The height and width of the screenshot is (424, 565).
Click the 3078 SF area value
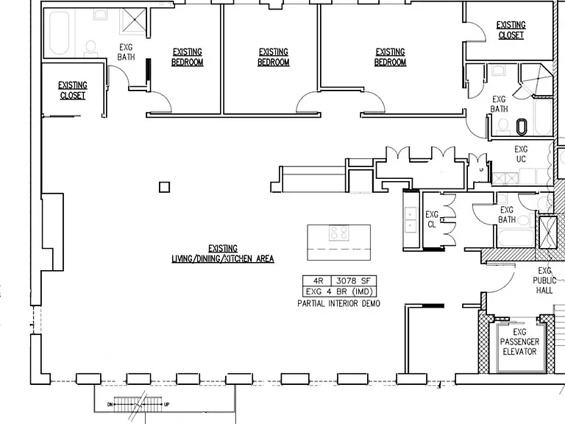pos(353,280)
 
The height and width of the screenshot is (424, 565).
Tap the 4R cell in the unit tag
pos(318,280)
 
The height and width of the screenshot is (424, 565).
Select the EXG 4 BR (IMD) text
pos(339,291)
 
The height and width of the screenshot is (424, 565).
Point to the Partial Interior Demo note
pos(338,303)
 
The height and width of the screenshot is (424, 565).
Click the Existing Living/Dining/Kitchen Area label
pos(223,253)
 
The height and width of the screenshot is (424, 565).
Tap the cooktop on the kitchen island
pos(338,233)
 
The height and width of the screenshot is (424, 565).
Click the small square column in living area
pos(164,187)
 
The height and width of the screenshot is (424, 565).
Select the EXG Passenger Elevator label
pos(519,342)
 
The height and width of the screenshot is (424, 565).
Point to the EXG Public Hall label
pos(544,280)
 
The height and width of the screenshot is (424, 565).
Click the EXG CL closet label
pos(432,219)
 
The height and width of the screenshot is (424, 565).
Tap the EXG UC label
pos(521,154)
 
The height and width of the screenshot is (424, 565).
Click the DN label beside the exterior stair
pos(110,405)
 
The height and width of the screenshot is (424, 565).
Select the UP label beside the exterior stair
pos(166,405)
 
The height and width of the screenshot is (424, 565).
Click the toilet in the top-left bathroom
pos(90,49)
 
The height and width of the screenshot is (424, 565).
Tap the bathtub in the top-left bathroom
pos(59,33)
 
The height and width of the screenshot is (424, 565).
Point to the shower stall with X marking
pos(133,21)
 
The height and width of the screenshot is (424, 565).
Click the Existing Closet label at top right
pos(511,30)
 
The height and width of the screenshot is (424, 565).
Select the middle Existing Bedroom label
pos(274,57)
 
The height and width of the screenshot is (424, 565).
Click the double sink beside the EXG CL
pos(411,220)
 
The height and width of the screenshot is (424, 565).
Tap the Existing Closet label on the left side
pos(73,90)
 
